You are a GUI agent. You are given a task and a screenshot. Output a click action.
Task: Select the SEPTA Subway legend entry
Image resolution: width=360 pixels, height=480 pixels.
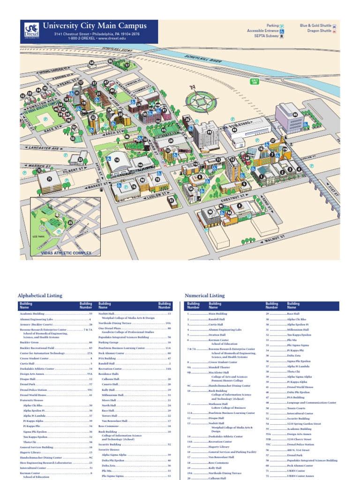tap(269, 36)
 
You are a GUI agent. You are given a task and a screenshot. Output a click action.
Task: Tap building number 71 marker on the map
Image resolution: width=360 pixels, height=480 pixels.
tap(49, 179)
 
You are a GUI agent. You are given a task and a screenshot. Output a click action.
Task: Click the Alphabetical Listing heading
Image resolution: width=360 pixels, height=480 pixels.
tap(39, 296)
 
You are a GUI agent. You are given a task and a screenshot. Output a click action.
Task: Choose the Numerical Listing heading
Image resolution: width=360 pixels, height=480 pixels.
tap(204, 296)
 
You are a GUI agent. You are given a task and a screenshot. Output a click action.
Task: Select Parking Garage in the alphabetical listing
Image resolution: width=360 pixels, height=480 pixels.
tap(109, 343)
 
